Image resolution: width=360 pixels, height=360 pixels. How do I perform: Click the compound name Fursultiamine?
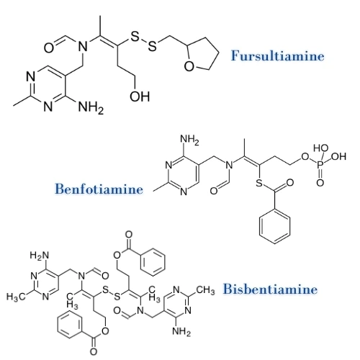pyautogui.click(x=278, y=56)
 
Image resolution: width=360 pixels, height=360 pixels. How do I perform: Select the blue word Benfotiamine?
pyautogui.click(x=99, y=189)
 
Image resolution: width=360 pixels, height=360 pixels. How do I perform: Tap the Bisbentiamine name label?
pyautogui.click(x=270, y=289)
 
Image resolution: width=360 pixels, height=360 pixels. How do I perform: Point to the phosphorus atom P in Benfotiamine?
pyautogui.click(x=320, y=166)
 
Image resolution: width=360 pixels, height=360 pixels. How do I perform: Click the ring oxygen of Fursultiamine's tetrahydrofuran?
pyautogui.click(x=189, y=66)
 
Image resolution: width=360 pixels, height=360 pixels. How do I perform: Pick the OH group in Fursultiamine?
pyautogui.click(x=140, y=96)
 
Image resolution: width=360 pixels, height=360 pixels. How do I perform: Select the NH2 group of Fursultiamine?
pyautogui.click(x=91, y=107)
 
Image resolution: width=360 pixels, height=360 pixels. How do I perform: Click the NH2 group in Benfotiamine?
pyautogui.click(x=189, y=140)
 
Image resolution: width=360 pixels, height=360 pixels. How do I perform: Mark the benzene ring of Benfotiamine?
pyautogui.click(x=275, y=226)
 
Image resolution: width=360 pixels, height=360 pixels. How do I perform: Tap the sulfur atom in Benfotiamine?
pyautogui.click(x=259, y=184)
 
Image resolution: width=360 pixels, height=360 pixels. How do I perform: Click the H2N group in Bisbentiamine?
pyautogui.click(x=40, y=256)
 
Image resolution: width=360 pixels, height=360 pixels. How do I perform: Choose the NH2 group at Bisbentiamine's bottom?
pyautogui.click(x=181, y=332)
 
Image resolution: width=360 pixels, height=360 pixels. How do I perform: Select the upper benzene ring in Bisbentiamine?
pyautogui.click(x=153, y=262)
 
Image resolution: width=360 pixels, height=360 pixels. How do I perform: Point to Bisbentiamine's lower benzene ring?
pyautogui.click(x=70, y=325)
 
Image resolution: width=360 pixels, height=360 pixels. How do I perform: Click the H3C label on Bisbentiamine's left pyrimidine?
pyautogui.click(x=16, y=297)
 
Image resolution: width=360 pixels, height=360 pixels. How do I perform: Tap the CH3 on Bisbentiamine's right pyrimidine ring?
pyautogui.click(x=206, y=290)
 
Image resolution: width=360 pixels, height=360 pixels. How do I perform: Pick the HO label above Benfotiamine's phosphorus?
pyautogui.click(x=321, y=148)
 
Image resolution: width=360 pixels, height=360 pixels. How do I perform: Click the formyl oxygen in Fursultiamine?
pyautogui.click(x=49, y=48)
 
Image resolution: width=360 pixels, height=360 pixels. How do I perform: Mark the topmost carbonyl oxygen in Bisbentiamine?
pyautogui.click(x=129, y=235)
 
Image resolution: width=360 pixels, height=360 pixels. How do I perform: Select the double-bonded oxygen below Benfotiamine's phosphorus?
pyautogui.click(x=320, y=183)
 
